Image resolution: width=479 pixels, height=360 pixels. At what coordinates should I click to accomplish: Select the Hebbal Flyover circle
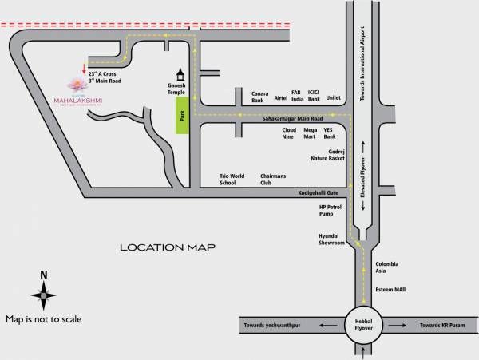click(363, 325)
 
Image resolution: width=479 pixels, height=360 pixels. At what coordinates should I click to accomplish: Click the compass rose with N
click(44, 295)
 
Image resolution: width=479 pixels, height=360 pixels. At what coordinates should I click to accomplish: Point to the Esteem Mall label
click(391, 290)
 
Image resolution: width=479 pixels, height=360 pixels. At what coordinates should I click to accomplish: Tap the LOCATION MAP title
click(168, 247)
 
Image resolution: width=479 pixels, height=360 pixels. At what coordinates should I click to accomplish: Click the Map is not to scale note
click(43, 319)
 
